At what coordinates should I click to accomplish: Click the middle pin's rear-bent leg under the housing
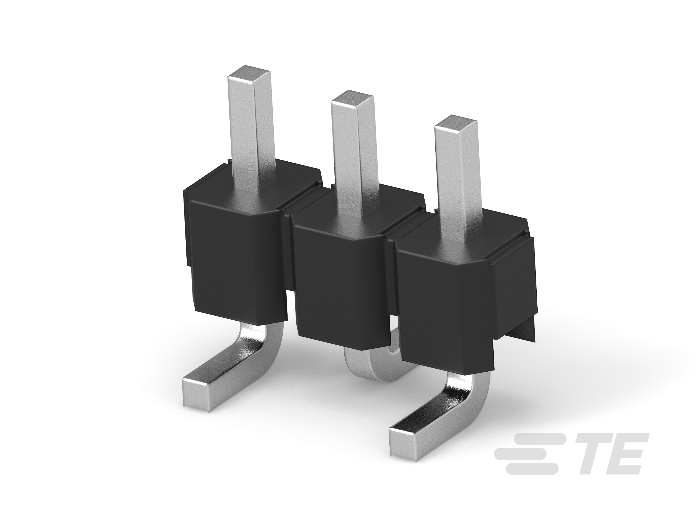[367, 367]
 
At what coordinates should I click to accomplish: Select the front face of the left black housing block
[234, 263]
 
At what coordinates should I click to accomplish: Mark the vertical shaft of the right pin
[456, 177]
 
